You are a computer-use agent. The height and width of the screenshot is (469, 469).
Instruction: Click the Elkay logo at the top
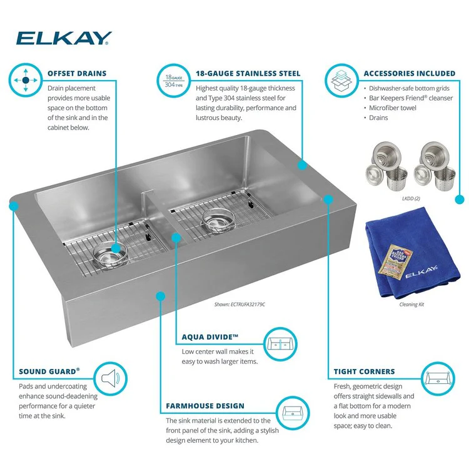[x=63, y=38]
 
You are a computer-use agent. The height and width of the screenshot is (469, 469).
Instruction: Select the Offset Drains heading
[x=77, y=74]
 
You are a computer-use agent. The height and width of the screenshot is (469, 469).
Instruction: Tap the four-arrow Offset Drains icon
[x=26, y=81]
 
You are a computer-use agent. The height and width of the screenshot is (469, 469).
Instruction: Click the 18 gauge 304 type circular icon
[x=173, y=80]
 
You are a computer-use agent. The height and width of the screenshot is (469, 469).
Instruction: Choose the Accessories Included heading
[x=410, y=74]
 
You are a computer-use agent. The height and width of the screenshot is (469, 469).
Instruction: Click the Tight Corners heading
[x=365, y=371]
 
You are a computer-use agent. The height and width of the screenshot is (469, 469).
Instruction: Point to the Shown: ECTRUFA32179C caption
[x=240, y=305]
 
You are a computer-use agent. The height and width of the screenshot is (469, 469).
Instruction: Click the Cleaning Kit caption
[x=412, y=305]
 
